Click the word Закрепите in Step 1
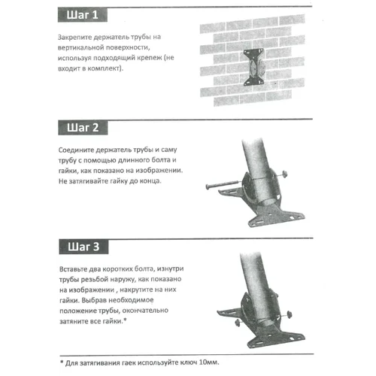click(x=77, y=37)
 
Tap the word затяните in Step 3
click(x=77, y=321)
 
